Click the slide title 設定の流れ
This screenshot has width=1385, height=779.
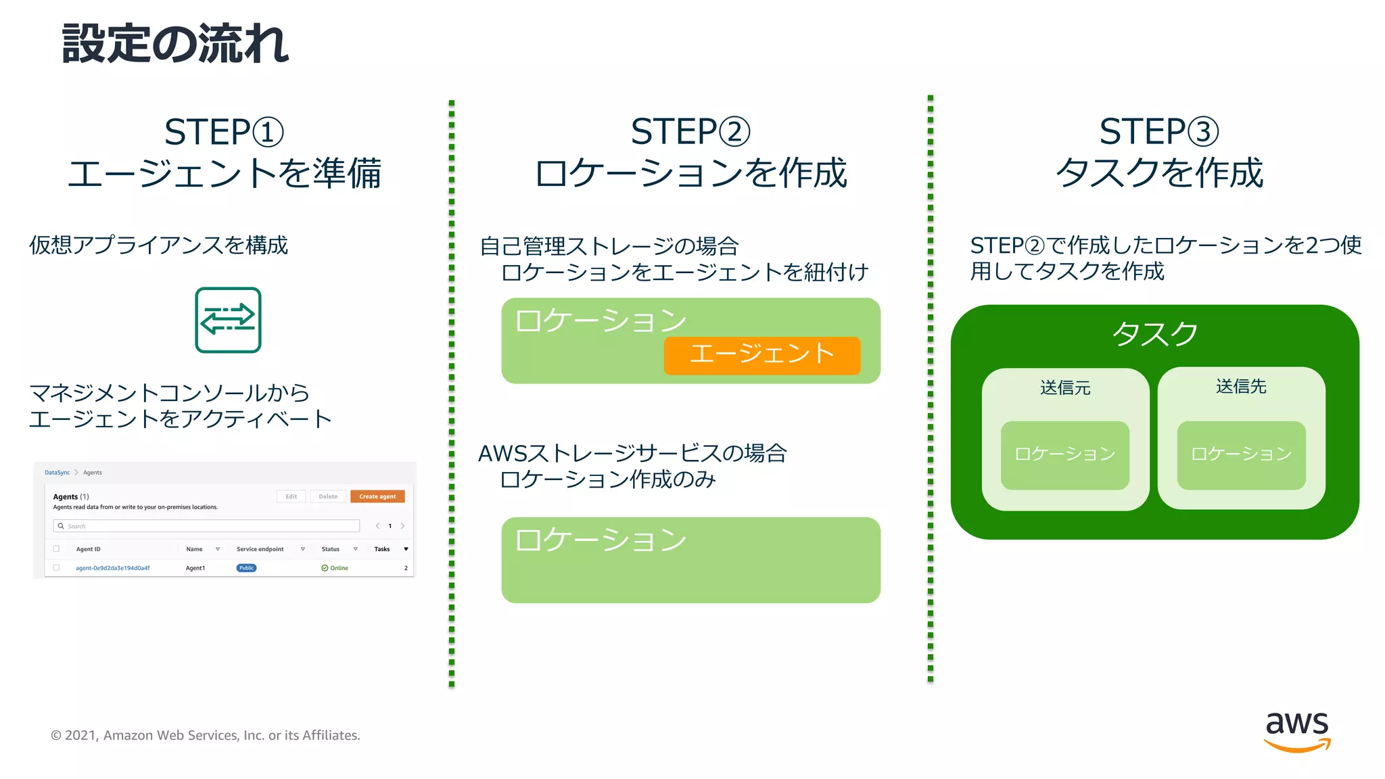coord(175,44)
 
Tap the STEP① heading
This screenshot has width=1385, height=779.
coord(224,132)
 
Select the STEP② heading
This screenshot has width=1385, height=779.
coord(690,132)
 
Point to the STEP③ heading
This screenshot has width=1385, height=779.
coord(1158,132)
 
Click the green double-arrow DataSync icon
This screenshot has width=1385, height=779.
coord(228,320)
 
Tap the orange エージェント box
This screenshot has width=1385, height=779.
coord(761,355)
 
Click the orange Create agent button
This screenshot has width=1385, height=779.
coord(377,496)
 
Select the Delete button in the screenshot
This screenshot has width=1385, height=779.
coord(328,496)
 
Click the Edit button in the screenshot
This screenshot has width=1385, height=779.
coord(291,496)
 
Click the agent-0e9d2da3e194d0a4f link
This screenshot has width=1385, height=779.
coord(113,568)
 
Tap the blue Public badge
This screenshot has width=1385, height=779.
coord(246,568)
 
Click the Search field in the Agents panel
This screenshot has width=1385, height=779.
coord(206,526)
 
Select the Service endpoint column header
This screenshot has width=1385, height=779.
coord(260,549)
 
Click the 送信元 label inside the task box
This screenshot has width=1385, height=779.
coord(1065,388)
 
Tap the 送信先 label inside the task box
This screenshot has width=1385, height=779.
coord(1241,387)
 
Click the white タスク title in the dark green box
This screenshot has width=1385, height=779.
coord(1154,333)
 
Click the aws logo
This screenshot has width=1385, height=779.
coord(1296,732)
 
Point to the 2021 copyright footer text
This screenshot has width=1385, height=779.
coord(206,735)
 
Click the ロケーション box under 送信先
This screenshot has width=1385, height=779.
coord(1241,454)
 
